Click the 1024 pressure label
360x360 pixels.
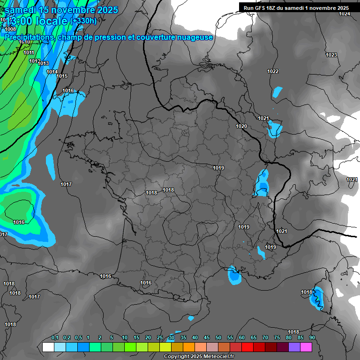[x=345, y=14]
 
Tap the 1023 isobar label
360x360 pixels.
[x=331, y=55]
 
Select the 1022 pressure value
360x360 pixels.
[x=273, y=71]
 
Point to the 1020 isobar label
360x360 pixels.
[x=241, y=126]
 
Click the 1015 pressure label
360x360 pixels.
[x=62, y=76]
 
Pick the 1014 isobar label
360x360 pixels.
[x=52, y=72]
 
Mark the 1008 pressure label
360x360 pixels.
[x=10, y=29]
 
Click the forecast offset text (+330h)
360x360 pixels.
[x=83, y=21]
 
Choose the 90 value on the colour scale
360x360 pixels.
[x=312, y=338]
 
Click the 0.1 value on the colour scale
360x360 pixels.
[x=55, y=338]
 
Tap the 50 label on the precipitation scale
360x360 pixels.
[x=218, y=338]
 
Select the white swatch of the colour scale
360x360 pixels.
[x=48, y=347]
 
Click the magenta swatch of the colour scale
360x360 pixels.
[x=306, y=347]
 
